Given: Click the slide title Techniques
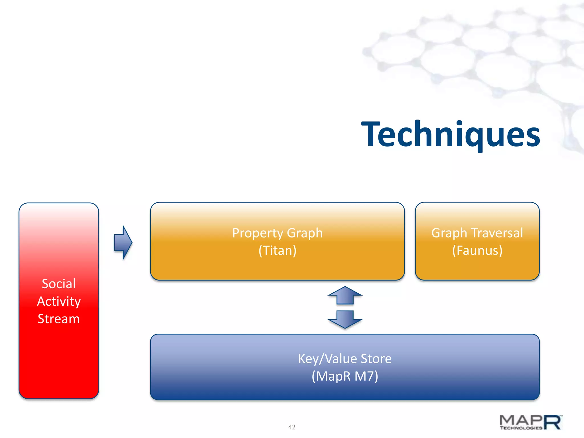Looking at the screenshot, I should pos(451,134).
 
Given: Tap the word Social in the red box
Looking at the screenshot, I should pos(59,284).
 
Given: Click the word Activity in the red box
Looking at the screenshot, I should pos(59,301).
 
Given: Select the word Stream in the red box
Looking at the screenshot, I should pos(59,319).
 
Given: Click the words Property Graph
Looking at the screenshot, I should pos(277,233).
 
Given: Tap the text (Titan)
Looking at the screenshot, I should pos(277,251).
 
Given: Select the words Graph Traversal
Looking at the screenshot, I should pos(477,233).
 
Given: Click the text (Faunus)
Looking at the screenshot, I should pos(477,251).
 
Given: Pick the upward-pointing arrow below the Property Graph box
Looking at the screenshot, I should pos(345,296).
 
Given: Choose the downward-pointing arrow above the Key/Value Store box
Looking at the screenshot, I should pos(345,319).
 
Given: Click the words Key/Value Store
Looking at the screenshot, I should pos(345,359).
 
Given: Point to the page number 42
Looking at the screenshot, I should pos(292,427).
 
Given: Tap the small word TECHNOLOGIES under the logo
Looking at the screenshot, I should pos(521,428).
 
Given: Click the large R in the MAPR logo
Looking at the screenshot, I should pos(553,422).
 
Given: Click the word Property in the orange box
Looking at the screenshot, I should pos(257,233).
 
